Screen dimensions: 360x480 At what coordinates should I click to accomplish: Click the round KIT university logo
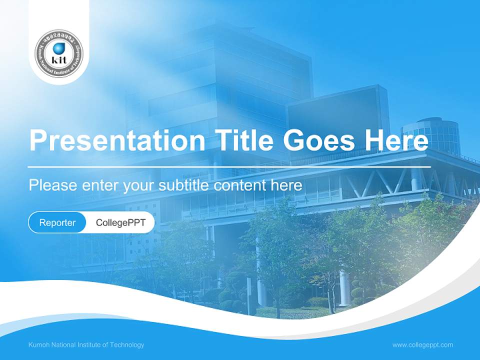[59, 53]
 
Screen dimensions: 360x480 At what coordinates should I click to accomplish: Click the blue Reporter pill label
[57, 222]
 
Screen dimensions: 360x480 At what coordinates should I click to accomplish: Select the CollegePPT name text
[120, 222]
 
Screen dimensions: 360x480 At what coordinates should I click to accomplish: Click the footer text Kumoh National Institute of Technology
[86, 345]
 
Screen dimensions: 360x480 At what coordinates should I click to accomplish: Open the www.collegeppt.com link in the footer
[422, 345]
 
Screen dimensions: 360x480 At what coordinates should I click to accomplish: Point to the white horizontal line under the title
[229, 166]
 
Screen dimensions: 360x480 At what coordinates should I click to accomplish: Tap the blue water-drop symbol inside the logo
[59, 48]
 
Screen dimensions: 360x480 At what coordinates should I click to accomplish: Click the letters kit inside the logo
[59, 59]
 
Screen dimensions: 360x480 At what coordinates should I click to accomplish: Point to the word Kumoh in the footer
[39, 345]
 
